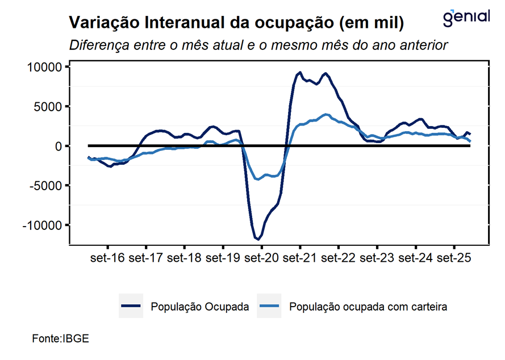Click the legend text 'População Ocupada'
pos(199,307)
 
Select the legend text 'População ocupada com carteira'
pos(368,307)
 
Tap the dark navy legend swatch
pos(131,307)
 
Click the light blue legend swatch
pos(269,307)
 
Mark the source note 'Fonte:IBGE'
pos(61,338)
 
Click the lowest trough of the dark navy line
pos(258,239)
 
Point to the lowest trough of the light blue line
pos(258,179)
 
